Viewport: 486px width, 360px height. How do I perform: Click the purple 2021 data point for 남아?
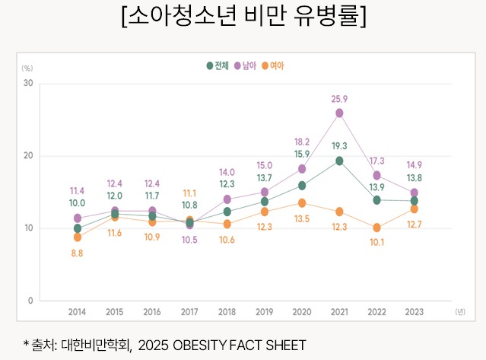pyautogui.click(x=339, y=113)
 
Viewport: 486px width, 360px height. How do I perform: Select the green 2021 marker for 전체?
pyautogui.click(x=339, y=161)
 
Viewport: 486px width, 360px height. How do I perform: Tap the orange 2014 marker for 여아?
pyautogui.click(x=77, y=237)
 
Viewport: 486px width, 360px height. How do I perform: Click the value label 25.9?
pyautogui.click(x=339, y=99)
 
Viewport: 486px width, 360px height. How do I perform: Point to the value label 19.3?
pyautogui.click(x=339, y=145)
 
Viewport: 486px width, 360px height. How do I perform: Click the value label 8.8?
pyautogui.click(x=77, y=253)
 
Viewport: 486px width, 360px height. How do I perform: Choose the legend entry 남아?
pyautogui.click(x=245, y=65)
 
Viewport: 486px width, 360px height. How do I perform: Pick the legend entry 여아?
pyautogui.click(x=272, y=65)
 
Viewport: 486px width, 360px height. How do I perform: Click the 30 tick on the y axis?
pyautogui.click(x=27, y=83)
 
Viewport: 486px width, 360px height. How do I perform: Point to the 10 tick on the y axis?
pyautogui.click(x=27, y=228)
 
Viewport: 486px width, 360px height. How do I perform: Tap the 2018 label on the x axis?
pyautogui.click(x=227, y=312)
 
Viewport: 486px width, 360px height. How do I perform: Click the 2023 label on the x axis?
pyautogui.click(x=414, y=312)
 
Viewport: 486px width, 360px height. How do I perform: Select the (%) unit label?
pyautogui.click(x=27, y=68)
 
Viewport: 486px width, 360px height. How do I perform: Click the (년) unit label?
pyautogui.click(x=459, y=312)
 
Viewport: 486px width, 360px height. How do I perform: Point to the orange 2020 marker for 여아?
pyautogui.click(x=302, y=203)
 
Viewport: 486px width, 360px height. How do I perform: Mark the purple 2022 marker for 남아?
pyautogui.click(x=376, y=175)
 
